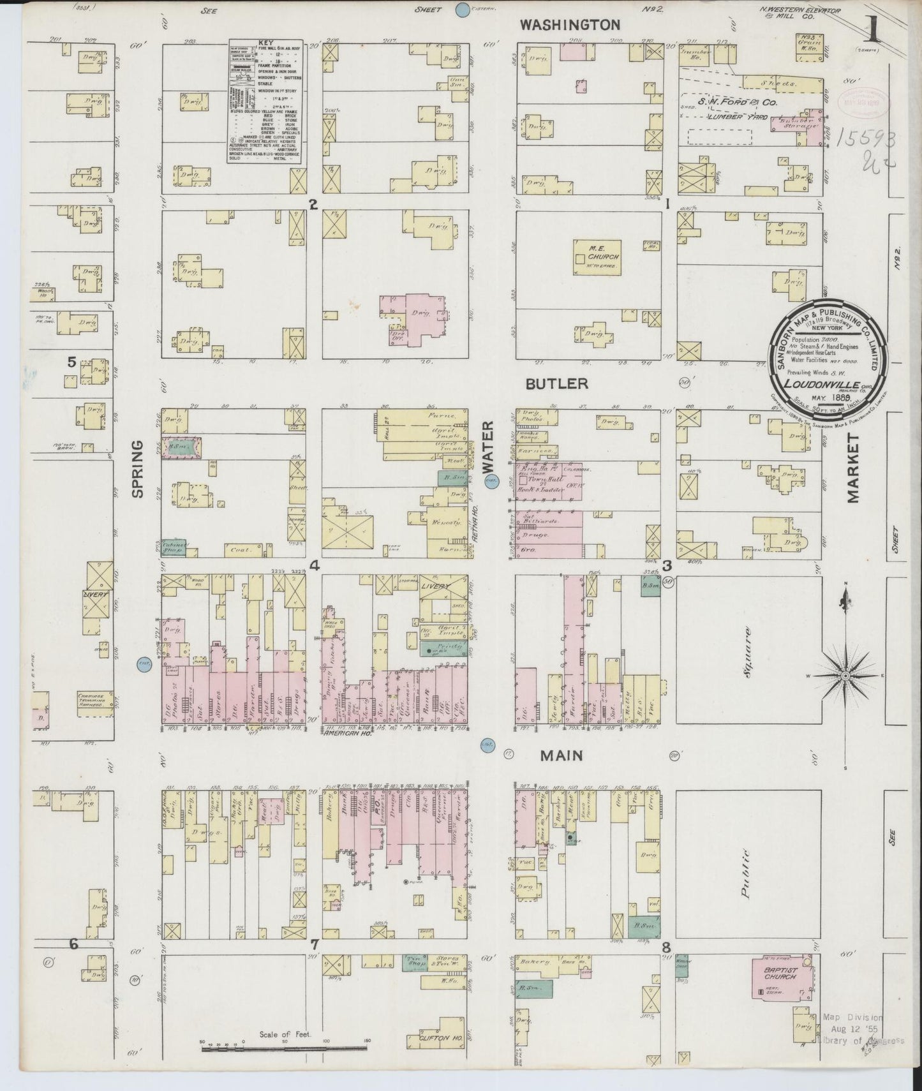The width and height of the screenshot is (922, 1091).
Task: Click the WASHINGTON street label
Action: coord(569,25)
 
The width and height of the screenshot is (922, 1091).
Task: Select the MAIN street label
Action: coord(561,755)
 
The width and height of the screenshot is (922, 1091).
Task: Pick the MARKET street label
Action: coord(854,468)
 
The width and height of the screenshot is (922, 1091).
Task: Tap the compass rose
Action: coord(845,675)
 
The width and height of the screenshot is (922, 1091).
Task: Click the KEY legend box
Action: coord(265,101)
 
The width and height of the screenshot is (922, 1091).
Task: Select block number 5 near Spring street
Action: coord(71,362)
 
